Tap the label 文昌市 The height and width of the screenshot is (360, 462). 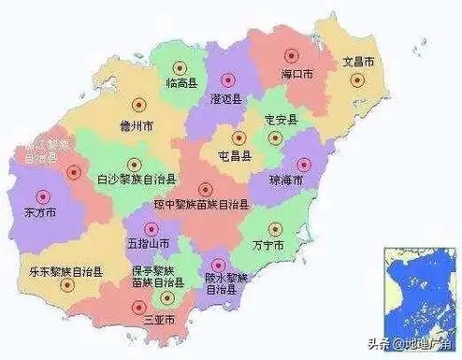pos(358,62)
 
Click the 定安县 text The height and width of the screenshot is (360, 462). pos(281,120)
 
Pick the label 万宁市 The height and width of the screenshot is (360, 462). pos(267,245)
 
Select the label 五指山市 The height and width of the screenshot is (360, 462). pos(150,243)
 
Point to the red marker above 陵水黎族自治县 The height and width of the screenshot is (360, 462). pos(220,265)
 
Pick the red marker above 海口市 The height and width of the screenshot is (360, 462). pos(290,53)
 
